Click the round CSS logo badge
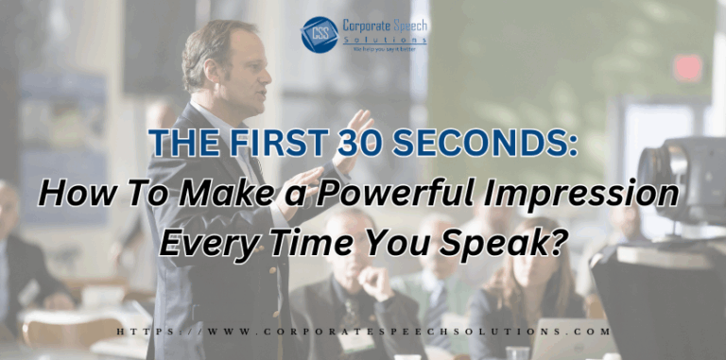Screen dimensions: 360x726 coord(319,34)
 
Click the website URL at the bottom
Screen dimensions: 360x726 coord(362,333)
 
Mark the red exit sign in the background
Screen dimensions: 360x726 coord(688,67)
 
